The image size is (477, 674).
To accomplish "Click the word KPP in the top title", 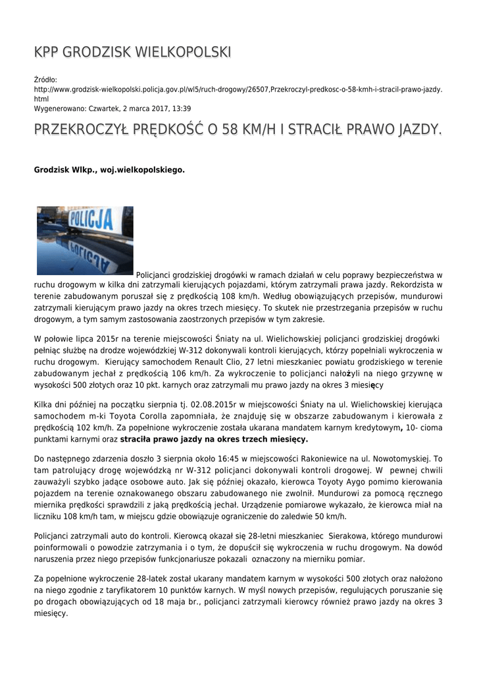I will click(x=47, y=52).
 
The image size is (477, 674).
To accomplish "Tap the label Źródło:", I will click(x=46, y=79).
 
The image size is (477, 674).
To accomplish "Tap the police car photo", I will click(x=85, y=240).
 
